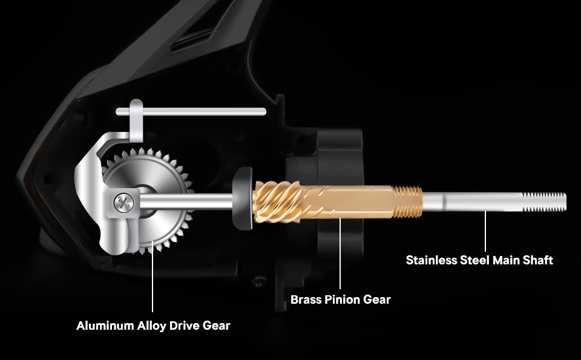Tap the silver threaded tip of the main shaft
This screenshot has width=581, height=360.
[x=544, y=202]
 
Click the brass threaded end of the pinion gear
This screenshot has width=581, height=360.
[x=407, y=201]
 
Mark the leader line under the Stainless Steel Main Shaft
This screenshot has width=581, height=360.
[x=485, y=232]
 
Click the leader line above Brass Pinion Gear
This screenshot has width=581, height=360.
[x=340, y=254]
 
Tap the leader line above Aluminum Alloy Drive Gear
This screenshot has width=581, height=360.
[x=153, y=276]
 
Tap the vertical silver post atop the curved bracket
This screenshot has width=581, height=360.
[x=136, y=120]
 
